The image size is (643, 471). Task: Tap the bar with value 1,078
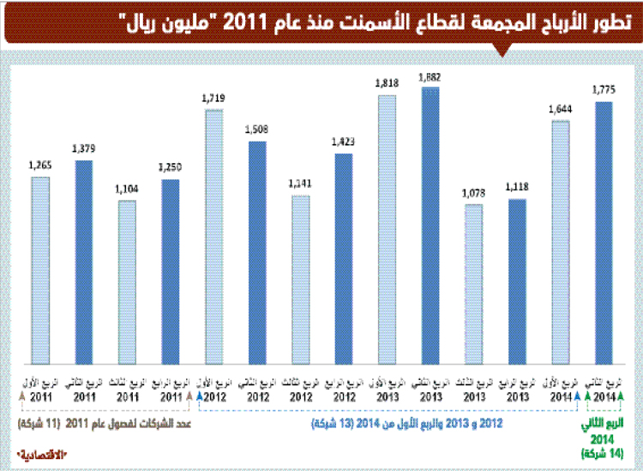click(474, 284)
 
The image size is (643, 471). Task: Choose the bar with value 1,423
click(344, 258)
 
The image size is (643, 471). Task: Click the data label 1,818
click(388, 82)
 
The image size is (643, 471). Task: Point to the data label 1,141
click(301, 184)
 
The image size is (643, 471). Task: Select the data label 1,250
click(170, 166)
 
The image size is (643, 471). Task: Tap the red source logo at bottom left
click(43, 452)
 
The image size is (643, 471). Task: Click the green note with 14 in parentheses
click(604, 452)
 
